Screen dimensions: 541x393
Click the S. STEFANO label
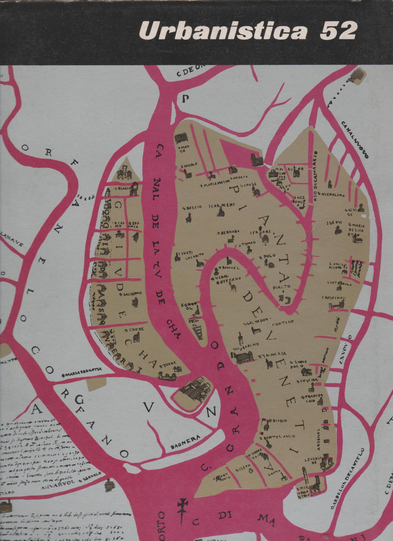[227, 282]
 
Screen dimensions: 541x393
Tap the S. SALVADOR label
[256, 320]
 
